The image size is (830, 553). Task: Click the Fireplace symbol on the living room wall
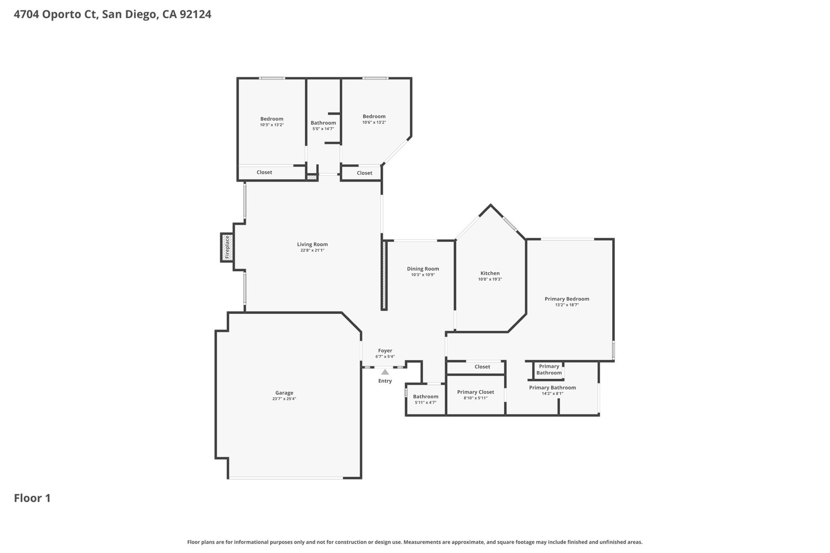227,247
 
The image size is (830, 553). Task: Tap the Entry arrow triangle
385,372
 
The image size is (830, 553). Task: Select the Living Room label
312,244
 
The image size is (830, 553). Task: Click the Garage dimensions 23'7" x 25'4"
284,399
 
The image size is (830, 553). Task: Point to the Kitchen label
490,273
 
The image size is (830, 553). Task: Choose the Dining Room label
423,269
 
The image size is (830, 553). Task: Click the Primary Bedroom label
567,299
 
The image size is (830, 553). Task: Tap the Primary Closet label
475,392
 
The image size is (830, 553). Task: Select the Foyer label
385,350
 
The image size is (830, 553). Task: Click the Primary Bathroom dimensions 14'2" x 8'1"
552,394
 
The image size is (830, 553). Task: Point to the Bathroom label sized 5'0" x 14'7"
323,122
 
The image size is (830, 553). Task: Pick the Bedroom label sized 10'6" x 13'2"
374,116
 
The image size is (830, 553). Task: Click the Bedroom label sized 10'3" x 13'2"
272,119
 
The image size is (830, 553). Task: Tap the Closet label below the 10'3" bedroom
264,172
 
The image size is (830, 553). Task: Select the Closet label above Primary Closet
482,367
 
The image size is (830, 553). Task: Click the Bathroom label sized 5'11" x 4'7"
425,396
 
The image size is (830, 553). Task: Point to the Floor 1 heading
32,498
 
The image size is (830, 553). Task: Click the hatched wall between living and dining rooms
384,275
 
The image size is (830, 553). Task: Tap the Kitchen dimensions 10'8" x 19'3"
490,279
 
